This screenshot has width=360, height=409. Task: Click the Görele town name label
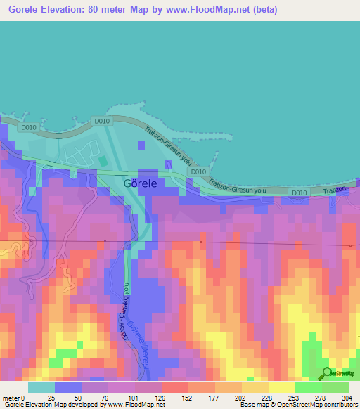point(140,183)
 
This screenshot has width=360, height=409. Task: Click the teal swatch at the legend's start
point(41,387)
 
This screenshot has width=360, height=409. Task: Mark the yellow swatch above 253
point(281,387)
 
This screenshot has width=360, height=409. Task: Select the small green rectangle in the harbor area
point(103,161)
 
